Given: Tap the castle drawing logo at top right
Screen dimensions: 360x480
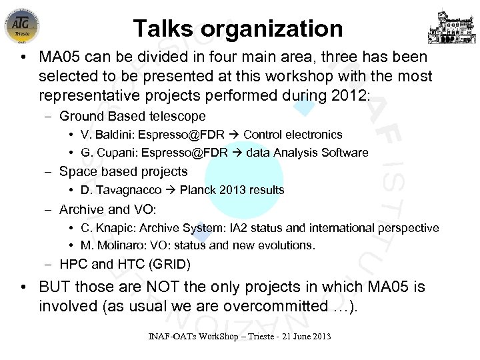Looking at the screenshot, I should pyautogui.click(x=456, y=25).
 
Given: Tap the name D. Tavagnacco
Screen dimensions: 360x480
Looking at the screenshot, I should pyautogui.click(x=123, y=190).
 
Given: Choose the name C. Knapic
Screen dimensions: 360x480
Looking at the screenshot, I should pyautogui.click(x=109, y=228).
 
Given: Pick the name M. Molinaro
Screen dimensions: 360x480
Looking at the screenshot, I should pyautogui.click(x=113, y=245).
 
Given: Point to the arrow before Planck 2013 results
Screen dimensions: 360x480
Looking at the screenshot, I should pyautogui.click(x=172, y=190).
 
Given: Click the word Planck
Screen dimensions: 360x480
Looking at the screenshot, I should pyautogui.click(x=196, y=190).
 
